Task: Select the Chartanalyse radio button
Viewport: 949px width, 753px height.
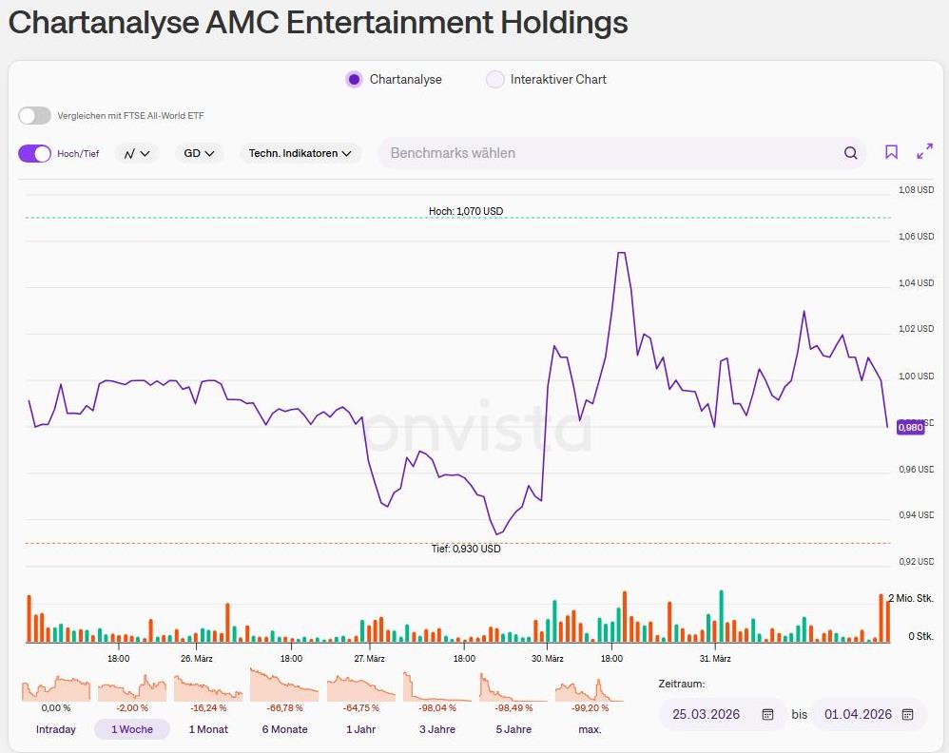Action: pyautogui.click(x=355, y=80)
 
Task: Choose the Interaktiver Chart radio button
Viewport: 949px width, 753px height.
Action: pyautogui.click(x=494, y=80)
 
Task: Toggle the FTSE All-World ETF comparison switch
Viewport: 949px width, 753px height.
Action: pyautogui.click(x=34, y=116)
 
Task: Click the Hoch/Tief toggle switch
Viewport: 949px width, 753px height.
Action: pyautogui.click(x=34, y=153)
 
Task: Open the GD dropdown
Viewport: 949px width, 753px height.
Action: pyautogui.click(x=199, y=153)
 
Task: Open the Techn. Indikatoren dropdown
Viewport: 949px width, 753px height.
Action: pyautogui.click(x=300, y=153)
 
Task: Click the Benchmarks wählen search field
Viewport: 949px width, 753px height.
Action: pyautogui.click(x=609, y=153)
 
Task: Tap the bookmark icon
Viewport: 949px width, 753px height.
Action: pyautogui.click(x=891, y=152)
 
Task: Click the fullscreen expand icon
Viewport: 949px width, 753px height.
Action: pyautogui.click(x=924, y=152)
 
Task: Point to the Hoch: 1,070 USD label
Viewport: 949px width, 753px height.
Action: pyautogui.click(x=466, y=211)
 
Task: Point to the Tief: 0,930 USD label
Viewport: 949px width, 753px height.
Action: pyautogui.click(x=466, y=549)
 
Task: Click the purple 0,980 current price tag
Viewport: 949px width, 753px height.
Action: pyautogui.click(x=911, y=428)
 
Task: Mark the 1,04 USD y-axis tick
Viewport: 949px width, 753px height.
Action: pyautogui.click(x=917, y=283)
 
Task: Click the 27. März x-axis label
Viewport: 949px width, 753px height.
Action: pyautogui.click(x=369, y=658)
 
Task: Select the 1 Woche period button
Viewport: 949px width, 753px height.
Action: pyautogui.click(x=131, y=729)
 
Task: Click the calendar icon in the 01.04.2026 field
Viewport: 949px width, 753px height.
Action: pyautogui.click(x=907, y=714)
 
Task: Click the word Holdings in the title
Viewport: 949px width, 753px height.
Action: pyautogui.click(x=567, y=23)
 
